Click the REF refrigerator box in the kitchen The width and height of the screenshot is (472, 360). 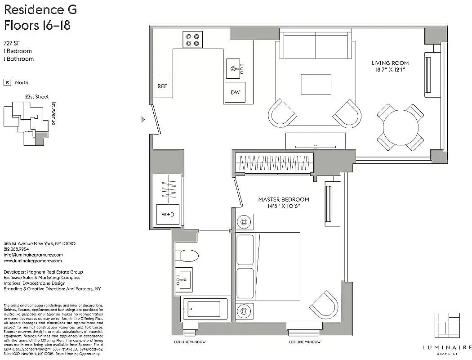(162, 86)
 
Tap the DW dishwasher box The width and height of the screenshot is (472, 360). (235, 93)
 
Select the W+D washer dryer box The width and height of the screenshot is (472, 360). (167, 215)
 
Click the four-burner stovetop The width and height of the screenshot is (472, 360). (193, 40)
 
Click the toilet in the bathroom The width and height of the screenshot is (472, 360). (186, 256)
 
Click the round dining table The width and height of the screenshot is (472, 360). (400, 127)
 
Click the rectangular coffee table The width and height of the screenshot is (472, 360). (316, 84)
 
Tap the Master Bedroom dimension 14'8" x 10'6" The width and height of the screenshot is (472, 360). (283, 206)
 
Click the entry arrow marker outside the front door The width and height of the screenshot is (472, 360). (143, 120)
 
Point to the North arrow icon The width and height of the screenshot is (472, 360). (7, 82)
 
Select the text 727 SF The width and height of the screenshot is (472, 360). (12, 43)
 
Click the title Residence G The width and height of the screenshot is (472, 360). (40, 10)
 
